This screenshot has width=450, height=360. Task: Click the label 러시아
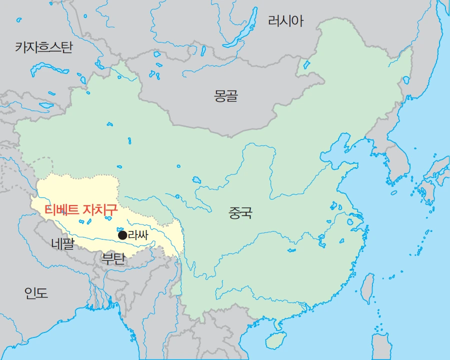(285, 21)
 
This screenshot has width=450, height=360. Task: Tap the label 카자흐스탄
(44, 47)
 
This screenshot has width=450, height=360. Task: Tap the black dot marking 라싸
(122, 235)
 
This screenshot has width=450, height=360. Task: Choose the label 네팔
(62, 243)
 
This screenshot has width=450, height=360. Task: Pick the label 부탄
(113, 258)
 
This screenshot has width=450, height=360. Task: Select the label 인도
(36, 293)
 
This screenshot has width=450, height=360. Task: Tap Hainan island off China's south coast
(274, 340)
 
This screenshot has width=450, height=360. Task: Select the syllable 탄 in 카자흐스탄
(67, 47)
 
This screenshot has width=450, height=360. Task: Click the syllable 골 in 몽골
(231, 96)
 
